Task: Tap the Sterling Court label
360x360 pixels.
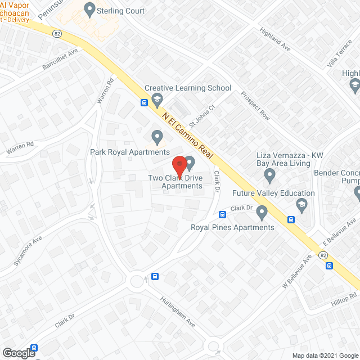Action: pyautogui.click(x=121, y=11)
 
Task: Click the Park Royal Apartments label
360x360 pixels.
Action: pyautogui.click(x=130, y=152)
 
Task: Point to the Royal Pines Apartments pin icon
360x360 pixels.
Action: pyautogui.click(x=261, y=213)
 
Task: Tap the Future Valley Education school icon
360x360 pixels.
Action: pyautogui.click(x=302, y=204)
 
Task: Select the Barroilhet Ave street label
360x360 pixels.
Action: pyautogui.click(x=60, y=66)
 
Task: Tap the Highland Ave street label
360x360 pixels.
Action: pyautogui.click(x=275, y=40)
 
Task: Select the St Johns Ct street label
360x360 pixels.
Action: pyautogui.click(x=202, y=115)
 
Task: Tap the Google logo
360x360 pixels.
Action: pyautogui.click(x=18, y=353)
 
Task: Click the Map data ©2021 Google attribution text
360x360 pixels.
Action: pyautogui.click(x=325, y=355)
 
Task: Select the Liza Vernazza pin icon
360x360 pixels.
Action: pyautogui.click(x=269, y=177)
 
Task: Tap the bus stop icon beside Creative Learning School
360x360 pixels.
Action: pyautogui.click(x=145, y=102)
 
